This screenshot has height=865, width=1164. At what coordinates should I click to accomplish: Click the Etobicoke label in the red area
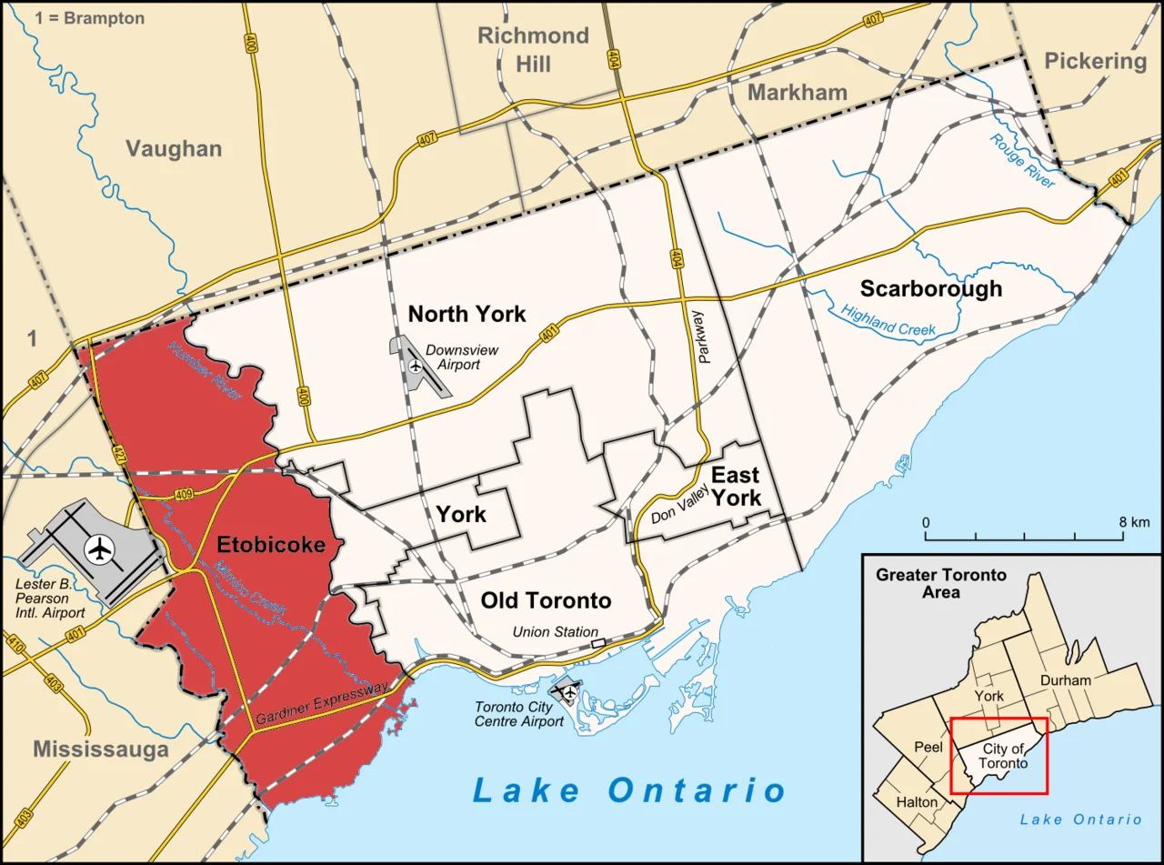coord(270,546)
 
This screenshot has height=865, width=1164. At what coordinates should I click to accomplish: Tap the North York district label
coord(467,315)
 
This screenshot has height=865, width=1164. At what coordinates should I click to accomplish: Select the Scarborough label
coord(931,288)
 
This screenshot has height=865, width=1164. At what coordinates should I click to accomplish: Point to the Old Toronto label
coord(546,600)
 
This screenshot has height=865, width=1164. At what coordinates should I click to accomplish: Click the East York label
coord(736,486)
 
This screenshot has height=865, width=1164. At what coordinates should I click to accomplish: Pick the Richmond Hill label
coord(534,49)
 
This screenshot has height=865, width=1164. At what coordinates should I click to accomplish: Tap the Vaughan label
coord(174,148)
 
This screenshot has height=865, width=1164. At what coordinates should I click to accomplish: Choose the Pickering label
coord(1095,61)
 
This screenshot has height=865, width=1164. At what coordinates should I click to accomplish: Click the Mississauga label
coord(101,749)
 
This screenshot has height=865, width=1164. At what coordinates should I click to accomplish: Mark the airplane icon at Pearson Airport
coord(99,549)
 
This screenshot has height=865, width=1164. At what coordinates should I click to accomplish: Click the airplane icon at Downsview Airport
coord(416,366)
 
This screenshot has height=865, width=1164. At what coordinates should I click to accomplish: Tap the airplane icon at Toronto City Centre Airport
coord(569,693)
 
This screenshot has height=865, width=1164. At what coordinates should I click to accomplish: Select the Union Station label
coord(555,631)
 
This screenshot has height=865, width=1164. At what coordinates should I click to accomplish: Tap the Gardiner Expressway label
coord(322,702)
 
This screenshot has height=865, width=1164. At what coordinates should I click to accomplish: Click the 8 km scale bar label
coord(1135,522)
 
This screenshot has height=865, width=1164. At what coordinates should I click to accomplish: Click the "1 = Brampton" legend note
coord(89,18)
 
